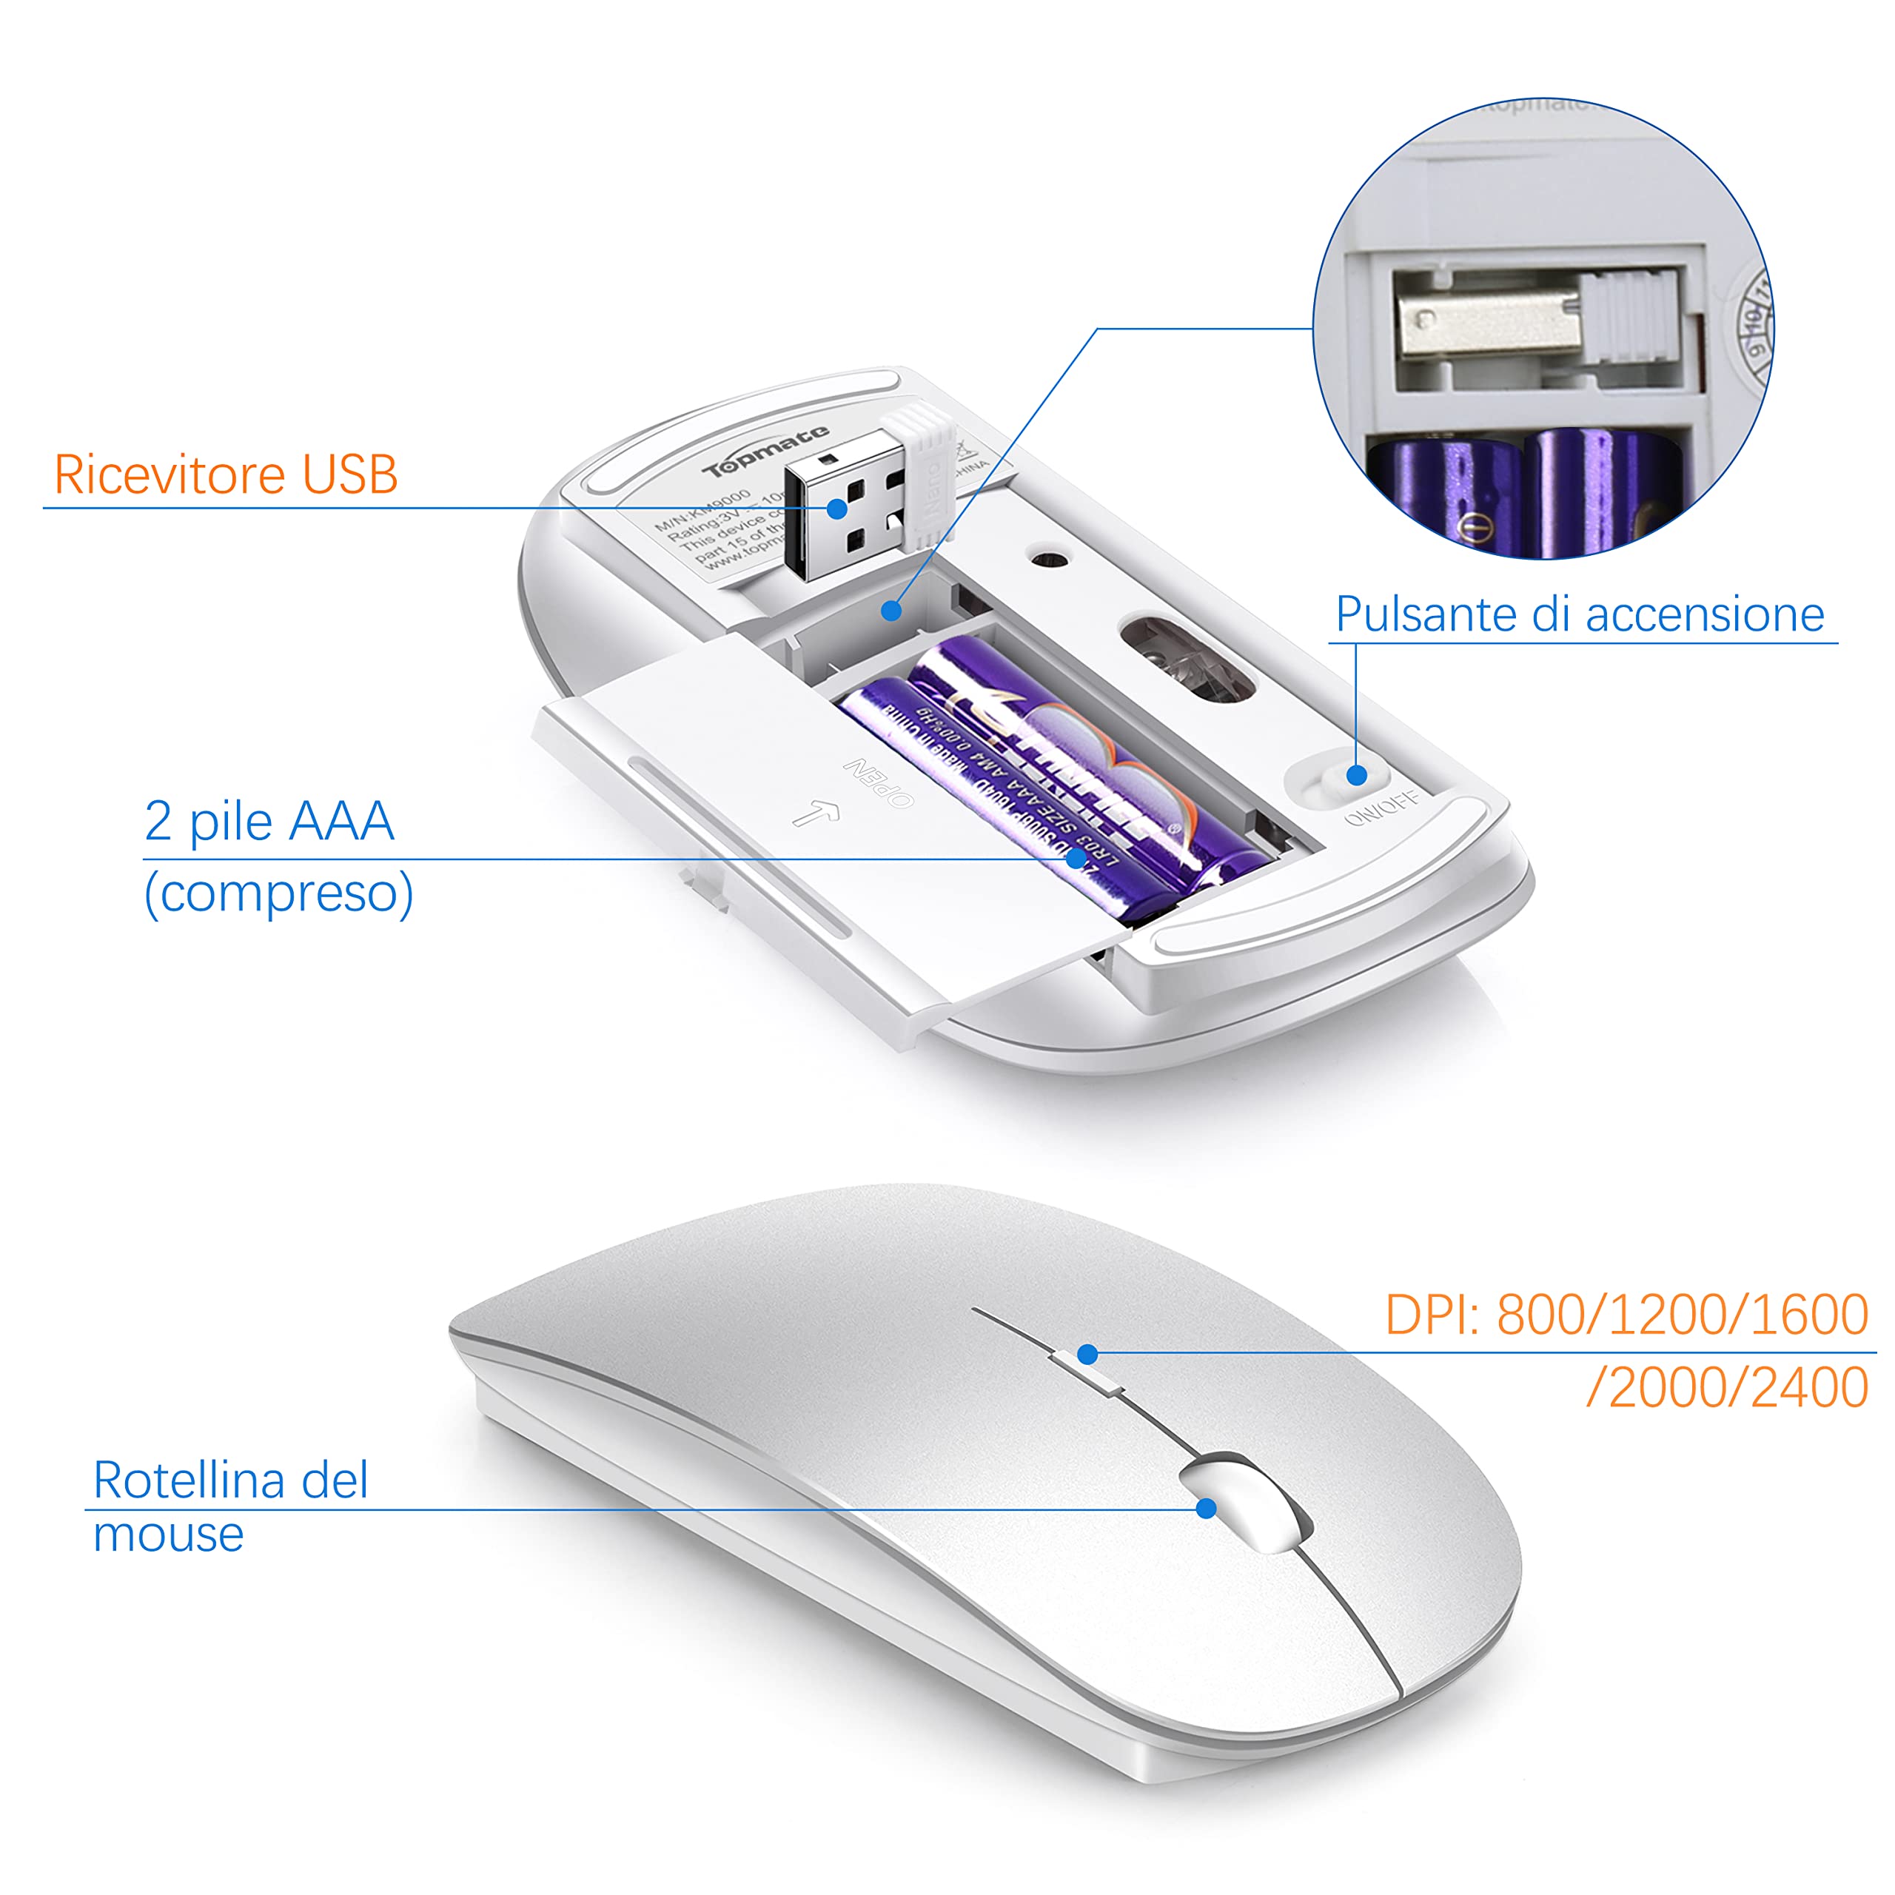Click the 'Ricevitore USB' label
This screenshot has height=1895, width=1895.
[226, 474]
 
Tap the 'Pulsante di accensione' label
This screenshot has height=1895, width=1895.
[1579, 615]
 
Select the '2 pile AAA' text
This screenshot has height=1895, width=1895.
[269, 820]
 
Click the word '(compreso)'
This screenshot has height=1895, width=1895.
[278, 893]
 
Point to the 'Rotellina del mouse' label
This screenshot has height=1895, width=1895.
[229, 1506]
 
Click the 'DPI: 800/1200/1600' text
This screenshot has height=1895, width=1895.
[1626, 1315]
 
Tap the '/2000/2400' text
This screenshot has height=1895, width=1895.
[1726, 1388]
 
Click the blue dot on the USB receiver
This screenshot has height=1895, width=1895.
[836, 508]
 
